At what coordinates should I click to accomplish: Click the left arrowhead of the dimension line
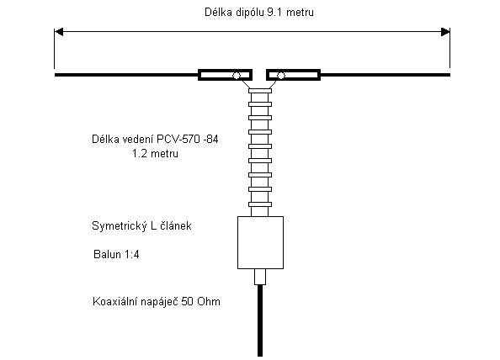point(59,32)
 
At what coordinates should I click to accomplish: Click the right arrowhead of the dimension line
point(445,32)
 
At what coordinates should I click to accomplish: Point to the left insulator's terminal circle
point(237,76)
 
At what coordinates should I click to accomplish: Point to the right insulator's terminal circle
point(281,76)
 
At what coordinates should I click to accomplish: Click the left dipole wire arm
point(126,75)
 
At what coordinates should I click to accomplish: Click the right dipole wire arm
point(386,75)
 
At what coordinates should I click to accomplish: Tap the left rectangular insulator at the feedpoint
point(225,75)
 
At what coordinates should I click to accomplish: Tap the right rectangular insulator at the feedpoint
point(294,75)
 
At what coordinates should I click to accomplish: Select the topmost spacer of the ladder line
point(260,91)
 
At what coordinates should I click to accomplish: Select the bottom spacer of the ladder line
point(260,204)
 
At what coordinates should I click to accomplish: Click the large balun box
point(261,243)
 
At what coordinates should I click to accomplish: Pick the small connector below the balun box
point(260,277)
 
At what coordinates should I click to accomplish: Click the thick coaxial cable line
point(260,320)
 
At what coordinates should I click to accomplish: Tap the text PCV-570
point(178,140)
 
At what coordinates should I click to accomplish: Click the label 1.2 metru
point(155,154)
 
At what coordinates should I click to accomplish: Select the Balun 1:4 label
point(116,255)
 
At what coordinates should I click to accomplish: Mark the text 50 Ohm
point(201,302)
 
